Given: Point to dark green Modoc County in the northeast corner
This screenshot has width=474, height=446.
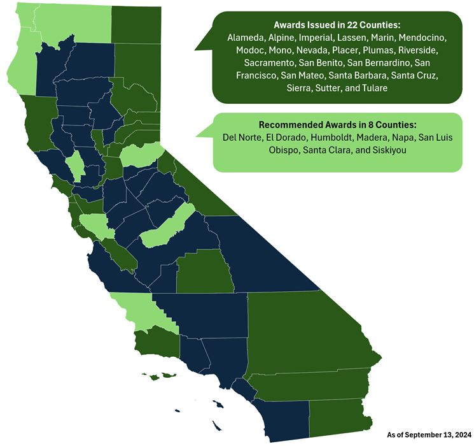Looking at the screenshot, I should [136, 22].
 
